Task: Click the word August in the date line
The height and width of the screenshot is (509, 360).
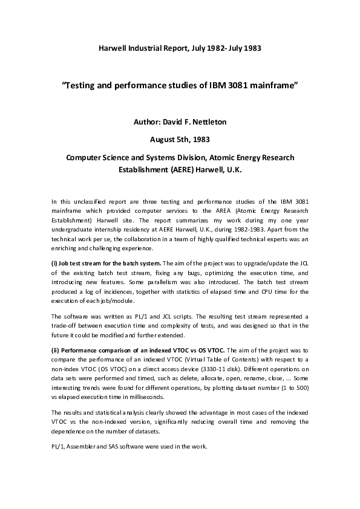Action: pyautogui.click(x=162, y=140)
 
